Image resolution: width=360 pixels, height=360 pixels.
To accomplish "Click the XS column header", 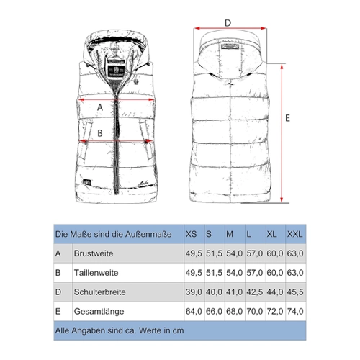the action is point(191,234).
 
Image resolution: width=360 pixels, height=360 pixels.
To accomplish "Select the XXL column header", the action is point(294,234).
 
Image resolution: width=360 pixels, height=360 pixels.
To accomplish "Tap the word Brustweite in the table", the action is point(94,253).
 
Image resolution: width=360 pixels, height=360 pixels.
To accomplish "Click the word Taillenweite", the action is point(96,273).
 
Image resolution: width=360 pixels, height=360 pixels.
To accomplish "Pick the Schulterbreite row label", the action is point(100,292).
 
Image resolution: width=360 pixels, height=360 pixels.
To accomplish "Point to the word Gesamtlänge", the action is point(99,312).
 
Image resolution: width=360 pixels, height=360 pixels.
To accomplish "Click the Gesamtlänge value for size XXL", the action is point(295,312).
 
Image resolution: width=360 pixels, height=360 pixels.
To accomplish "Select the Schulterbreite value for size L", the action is point(255,292).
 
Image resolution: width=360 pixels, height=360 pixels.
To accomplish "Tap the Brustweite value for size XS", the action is point(194,253).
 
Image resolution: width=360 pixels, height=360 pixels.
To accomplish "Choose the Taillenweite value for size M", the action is point(234,273).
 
